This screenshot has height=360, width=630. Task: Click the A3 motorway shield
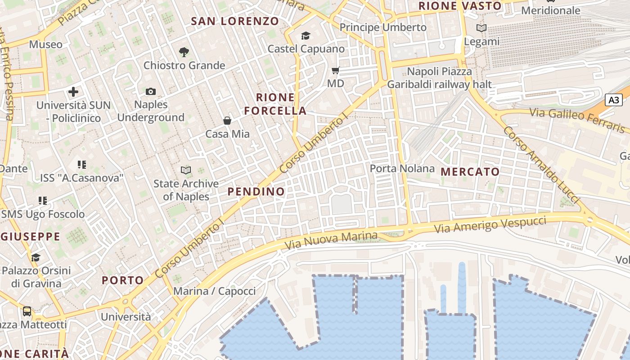coord(614,100)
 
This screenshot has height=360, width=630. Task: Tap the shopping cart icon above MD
coord(335,70)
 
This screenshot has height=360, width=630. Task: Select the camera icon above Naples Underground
coord(151,92)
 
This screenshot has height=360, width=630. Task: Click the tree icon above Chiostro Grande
coord(184,52)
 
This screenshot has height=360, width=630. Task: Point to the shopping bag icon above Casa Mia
coord(227,121)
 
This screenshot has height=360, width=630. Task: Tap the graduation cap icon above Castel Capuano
coord(306,36)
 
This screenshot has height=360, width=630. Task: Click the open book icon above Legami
coord(481,28)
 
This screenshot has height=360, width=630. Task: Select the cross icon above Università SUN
coord(73,92)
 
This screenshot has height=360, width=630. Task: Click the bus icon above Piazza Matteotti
coord(27,311)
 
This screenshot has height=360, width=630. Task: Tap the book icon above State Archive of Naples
coord(186,170)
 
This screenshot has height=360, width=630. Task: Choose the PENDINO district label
coord(256,192)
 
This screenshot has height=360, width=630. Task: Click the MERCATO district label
coord(470,172)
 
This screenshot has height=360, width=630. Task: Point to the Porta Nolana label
coord(402,169)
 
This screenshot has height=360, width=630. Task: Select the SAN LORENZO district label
coord(235,21)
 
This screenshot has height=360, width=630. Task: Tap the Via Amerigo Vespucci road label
coord(490,224)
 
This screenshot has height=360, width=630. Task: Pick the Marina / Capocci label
coord(214,291)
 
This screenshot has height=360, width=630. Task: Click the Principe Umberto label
coord(383,27)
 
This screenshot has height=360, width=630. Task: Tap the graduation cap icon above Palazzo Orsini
coord(36,257)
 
